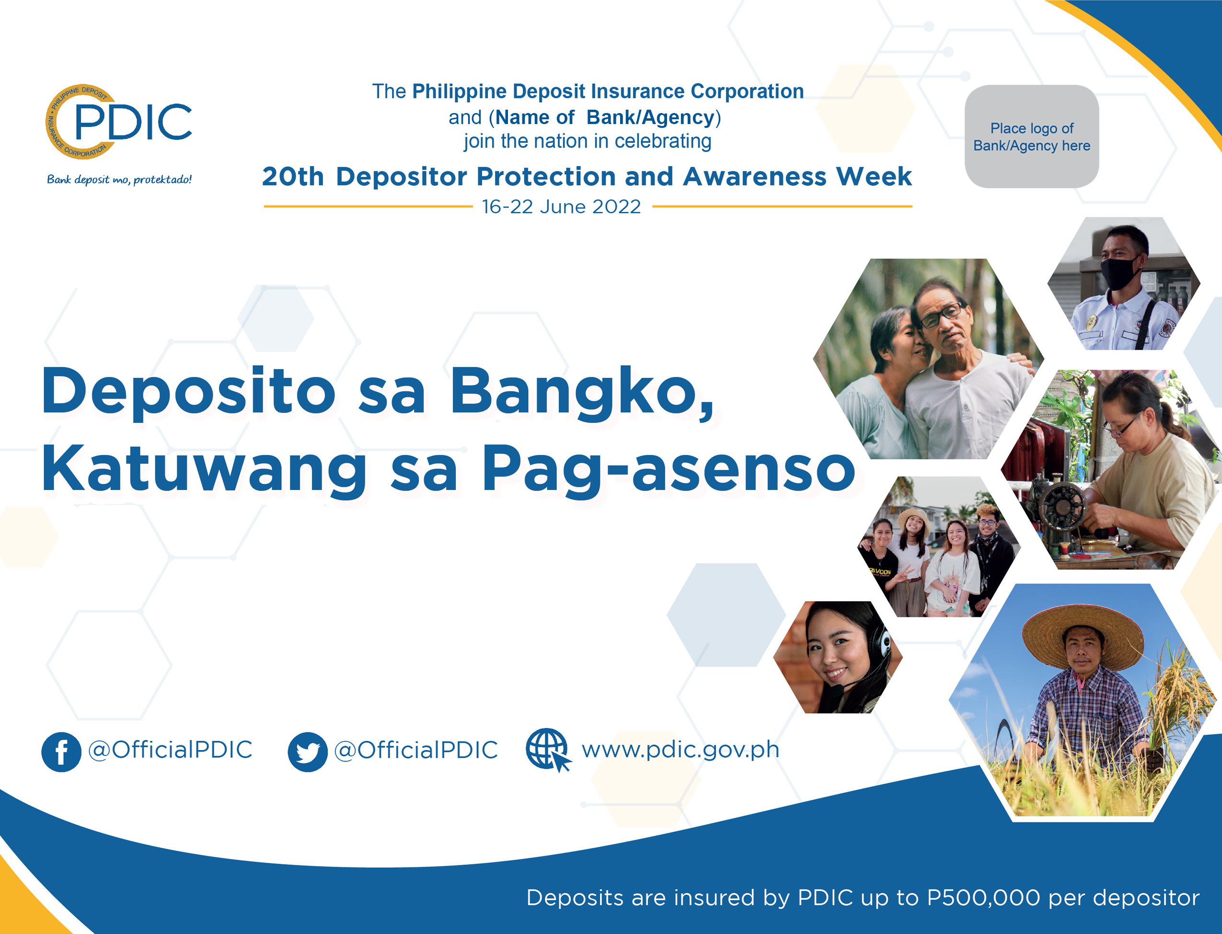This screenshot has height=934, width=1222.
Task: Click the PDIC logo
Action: [118, 122]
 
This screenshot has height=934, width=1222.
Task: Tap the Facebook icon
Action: [61, 752]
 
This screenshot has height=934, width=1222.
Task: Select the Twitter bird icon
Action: [308, 752]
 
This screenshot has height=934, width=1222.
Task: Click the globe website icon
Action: [548, 750]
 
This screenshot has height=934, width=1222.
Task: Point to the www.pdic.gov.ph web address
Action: [680, 750]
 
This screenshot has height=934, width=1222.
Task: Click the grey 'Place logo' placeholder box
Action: [1031, 136]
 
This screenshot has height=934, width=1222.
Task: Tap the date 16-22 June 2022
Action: [561, 207]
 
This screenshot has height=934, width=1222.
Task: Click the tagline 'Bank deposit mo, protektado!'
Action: [119, 180]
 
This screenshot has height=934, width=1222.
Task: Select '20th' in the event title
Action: [293, 177]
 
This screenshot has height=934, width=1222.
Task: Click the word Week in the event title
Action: [873, 177]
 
